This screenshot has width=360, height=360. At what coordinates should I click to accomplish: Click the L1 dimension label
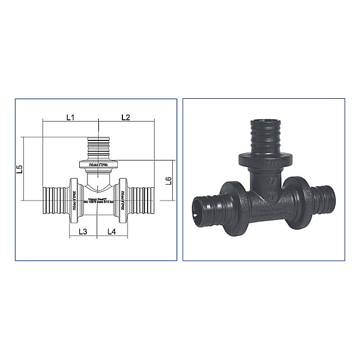tap(70, 117)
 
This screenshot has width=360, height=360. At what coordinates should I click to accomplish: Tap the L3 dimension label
tap(83, 231)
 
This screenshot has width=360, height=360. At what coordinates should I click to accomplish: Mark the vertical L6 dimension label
tap(168, 180)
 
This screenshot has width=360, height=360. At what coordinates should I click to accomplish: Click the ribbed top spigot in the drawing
tap(98, 149)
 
